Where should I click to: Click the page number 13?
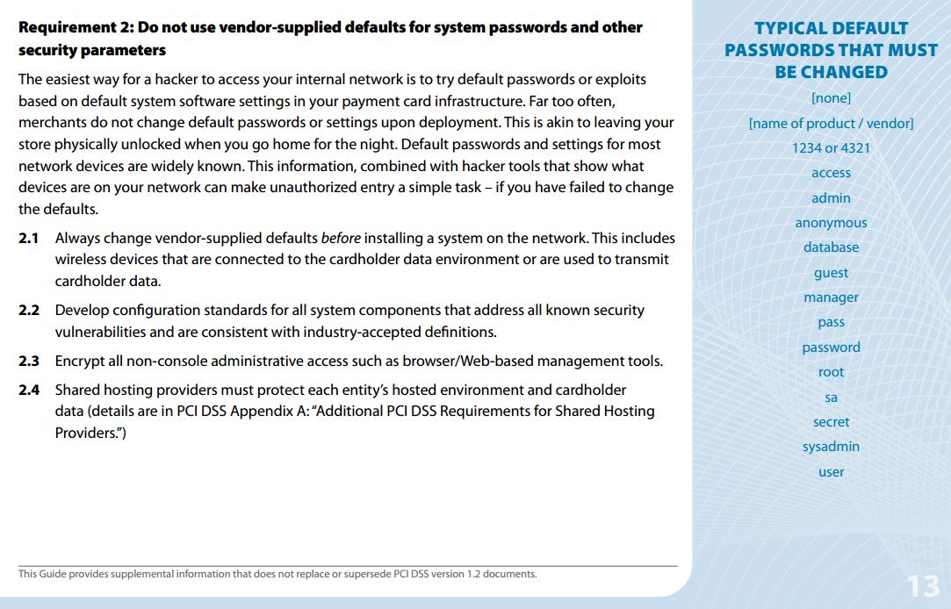(x=923, y=585)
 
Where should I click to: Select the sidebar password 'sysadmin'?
(x=831, y=447)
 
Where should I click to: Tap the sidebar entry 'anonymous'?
(x=831, y=223)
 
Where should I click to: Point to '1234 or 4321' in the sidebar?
(x=831, y=148)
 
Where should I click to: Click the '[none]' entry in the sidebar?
(x=831, y=98)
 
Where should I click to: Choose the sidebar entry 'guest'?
(x=831, y=273)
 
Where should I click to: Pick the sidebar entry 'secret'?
(x=831, y=422)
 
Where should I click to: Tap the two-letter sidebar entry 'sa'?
(x=831, y=398)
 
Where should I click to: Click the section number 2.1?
(x=29, y=238)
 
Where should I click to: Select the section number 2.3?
(x=29, y=361)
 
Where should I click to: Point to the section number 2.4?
(x=29, y=390)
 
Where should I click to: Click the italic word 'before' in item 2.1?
(x=341, y=238)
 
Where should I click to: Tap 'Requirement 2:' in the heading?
(x=72, y=27)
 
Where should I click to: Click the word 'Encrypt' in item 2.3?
(x=80, y=361)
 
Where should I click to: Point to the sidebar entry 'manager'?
(x=831, y=297)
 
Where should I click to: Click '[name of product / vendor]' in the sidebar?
(x=831, y=124)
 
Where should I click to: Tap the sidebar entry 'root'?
(x=831, y=372)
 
